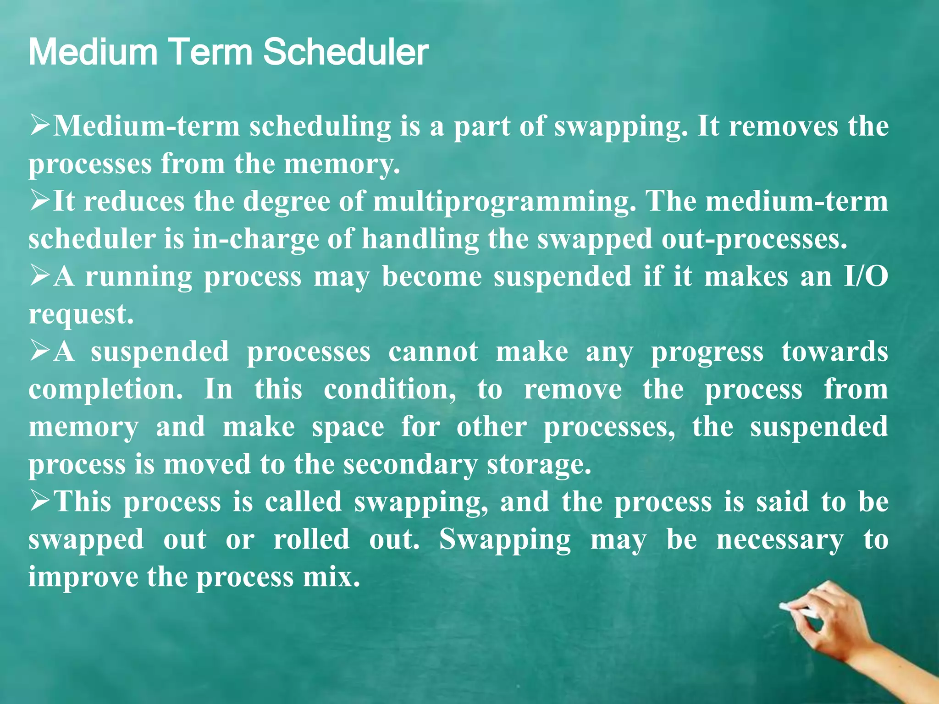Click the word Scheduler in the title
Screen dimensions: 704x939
coord(346,52)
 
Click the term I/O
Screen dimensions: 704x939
coord(866,277)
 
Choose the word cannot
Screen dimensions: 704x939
coord(433,352)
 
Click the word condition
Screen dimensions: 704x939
coord(390,390)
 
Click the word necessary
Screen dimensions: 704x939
coord(779,540)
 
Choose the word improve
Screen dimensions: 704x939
coord(83,577)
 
